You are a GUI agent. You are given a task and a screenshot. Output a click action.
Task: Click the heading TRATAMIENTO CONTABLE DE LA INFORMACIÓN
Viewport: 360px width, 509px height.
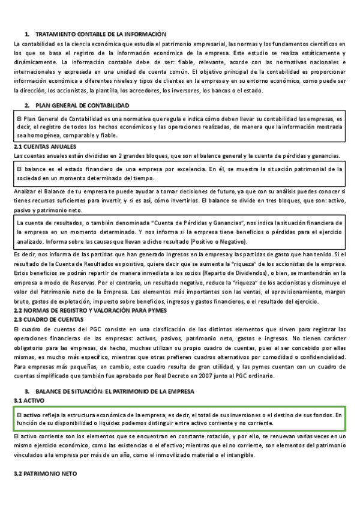pyautogui.click(x=100, y=34)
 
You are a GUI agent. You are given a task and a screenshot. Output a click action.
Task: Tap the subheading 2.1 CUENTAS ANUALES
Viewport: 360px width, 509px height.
pyautogui.click(x=45, y=147)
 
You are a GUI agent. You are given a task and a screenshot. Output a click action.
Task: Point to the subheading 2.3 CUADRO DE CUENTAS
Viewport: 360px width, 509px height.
pyautogui.click(x=49, y=319)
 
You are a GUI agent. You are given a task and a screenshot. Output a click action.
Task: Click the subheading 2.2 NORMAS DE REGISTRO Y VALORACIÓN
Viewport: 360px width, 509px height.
pyautogui.click(x=89, y=310)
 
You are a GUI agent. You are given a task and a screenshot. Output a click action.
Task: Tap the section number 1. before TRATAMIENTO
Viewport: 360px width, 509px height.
pyautogui.click(x=28, y=34)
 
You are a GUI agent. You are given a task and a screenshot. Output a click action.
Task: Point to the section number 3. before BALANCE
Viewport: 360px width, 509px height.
pyautogui.click(x=28, y=391)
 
